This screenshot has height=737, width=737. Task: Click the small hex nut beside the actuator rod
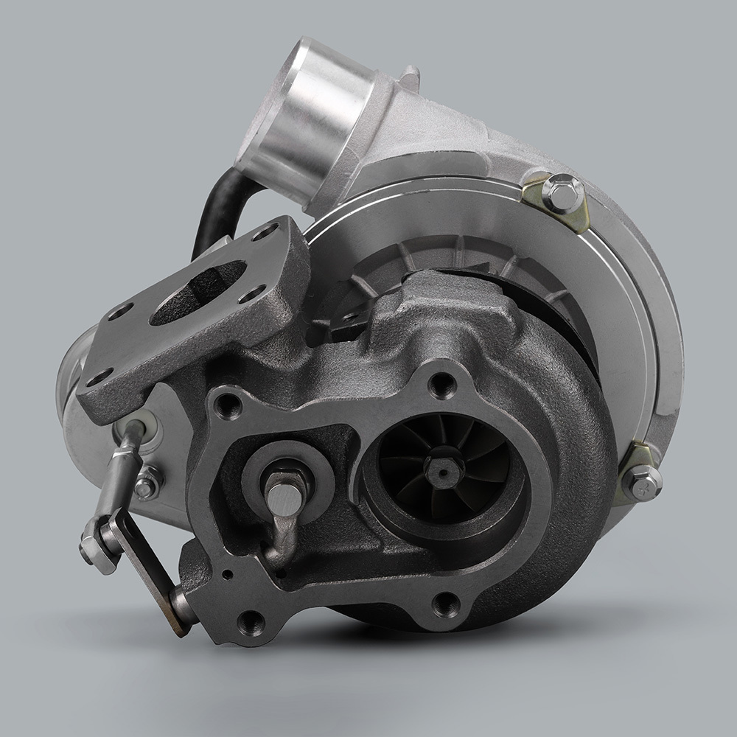(x=148, y=485)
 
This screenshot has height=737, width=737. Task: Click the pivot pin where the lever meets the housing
(x=181, y=608)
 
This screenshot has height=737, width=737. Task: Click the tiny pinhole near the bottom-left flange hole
(x=228, y=576)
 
